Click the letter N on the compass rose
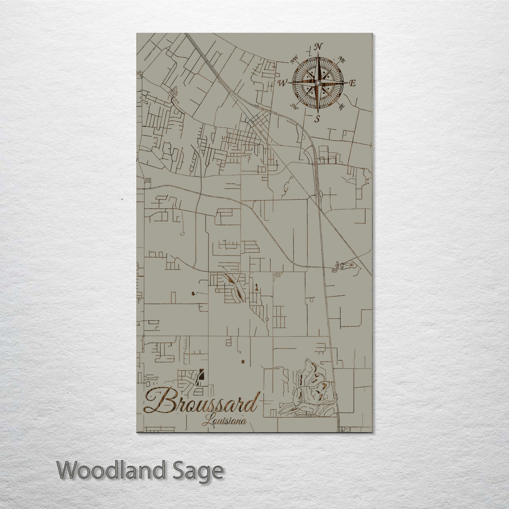tap(319, 46)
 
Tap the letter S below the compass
tap(317, 119)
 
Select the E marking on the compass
tap(353, 83)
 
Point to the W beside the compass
tap(282, 83)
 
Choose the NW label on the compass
tap(295, 59)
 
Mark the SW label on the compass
tap(294, 106)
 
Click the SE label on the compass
tap(341, 107)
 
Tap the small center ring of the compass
tap(318, 83)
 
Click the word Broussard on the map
tap(202, 402)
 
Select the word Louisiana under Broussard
tap(224, 421)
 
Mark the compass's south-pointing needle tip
tap(318, 112)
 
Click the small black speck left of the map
tap(122, 200)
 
